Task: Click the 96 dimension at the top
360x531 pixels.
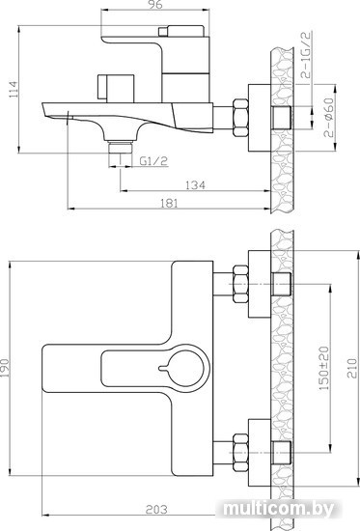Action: pos(155,5)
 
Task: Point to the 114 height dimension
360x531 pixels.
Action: pos(14,89)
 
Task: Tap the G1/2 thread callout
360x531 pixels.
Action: pos(153,161)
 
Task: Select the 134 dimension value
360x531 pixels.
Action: pos(195,185)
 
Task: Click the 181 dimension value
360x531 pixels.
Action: pos(168,203)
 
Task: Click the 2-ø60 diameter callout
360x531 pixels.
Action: pos(329,117)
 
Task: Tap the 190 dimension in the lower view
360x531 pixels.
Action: pos(5,368)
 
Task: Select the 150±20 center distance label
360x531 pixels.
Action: pos(324,368)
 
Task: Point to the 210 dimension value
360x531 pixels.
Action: pos(352,368)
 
